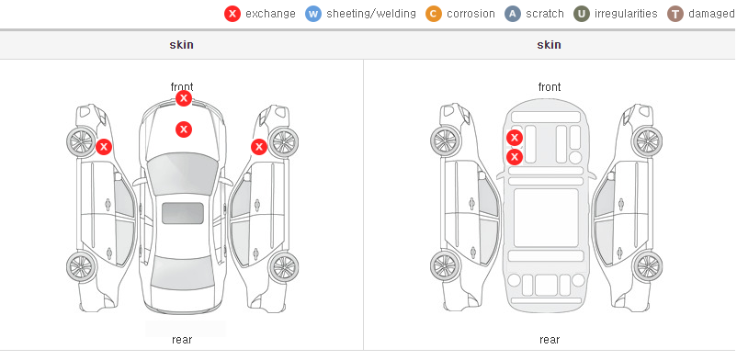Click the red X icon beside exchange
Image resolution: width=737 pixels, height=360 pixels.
click(x=232, y=14)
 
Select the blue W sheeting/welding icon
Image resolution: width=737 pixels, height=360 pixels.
click(x=313, y=14)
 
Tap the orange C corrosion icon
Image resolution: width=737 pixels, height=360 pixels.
click(x=434, y=14)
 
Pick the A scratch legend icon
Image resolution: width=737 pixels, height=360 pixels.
click(x=513, y=14)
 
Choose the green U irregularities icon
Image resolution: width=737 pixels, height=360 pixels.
click(x=582, y=14)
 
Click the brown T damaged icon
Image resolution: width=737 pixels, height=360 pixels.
click(x=675, y=14)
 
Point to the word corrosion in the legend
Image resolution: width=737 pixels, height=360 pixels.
click(x=471, y=14)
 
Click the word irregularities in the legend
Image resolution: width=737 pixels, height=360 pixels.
click(x=626, y=14)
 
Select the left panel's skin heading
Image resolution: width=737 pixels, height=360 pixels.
click(x=181, y=45)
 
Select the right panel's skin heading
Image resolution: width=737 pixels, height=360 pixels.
click(x=549, y=45)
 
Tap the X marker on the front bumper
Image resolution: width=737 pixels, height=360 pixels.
click(x=184, y=98)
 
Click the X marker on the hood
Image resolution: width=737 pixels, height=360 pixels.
click(x=184, y=129)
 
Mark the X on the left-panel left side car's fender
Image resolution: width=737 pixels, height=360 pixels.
click(x=104, y=147)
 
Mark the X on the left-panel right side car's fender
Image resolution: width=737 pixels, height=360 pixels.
click(x=259, y=147)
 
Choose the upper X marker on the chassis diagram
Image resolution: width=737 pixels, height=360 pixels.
click(x=515, y=138)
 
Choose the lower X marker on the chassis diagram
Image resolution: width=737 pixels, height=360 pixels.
click(x=515, y=157)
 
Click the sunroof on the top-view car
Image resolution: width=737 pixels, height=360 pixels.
click(x=183, y=213)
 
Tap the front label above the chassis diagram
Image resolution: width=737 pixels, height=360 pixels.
click(x=550, y=87)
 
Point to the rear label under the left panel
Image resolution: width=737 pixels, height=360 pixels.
click(x=182, y=340)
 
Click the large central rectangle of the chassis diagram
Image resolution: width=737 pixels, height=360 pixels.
click(x=546, y=218)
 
